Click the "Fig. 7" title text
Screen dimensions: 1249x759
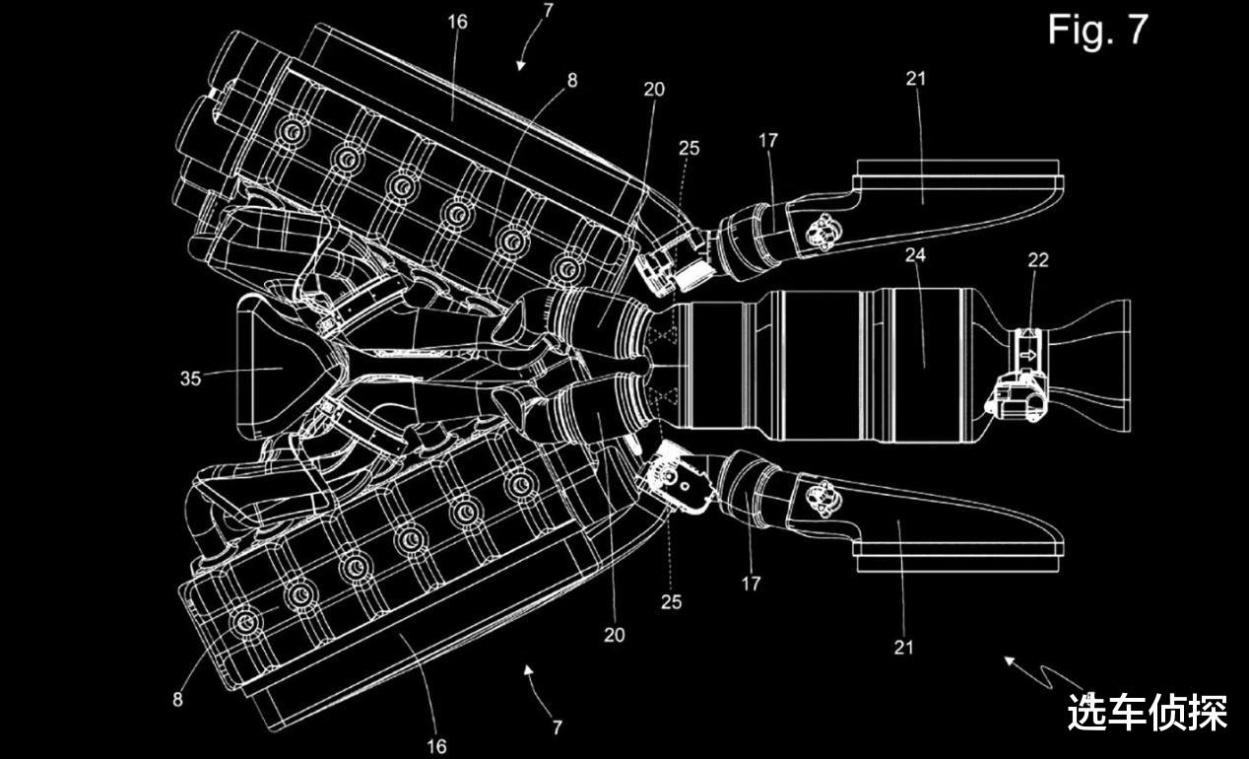click(1098, 30)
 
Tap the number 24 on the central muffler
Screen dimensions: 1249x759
click(915, 255)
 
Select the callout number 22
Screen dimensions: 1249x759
click(1038, 260)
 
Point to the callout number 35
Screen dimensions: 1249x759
click(190, 379)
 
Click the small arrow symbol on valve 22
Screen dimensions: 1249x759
click(1027, 355)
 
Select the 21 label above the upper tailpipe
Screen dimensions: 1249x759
click(915, 79)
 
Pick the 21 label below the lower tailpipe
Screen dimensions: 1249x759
click(904, 648)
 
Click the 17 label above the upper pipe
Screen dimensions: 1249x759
click(767, 141)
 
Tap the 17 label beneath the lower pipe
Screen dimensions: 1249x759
click(751, 584)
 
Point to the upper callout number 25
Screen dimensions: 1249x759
click(690, 148)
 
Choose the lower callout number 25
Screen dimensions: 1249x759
click(672, 601)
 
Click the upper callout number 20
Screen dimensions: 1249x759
click(654, 90)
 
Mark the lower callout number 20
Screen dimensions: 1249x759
click(615, 635)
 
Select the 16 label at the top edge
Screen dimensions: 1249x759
click(457, 23)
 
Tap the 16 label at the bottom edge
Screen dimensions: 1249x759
click(436, 746)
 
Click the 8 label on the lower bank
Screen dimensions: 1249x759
click(177, 699)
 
